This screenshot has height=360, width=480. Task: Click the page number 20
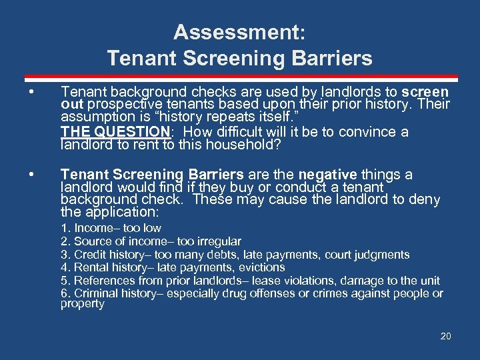click(445, 336)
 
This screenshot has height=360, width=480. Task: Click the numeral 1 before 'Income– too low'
click(64, 228)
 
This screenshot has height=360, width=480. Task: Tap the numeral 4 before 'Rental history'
click(64, 267)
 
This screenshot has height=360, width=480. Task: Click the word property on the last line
click(83, 304)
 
